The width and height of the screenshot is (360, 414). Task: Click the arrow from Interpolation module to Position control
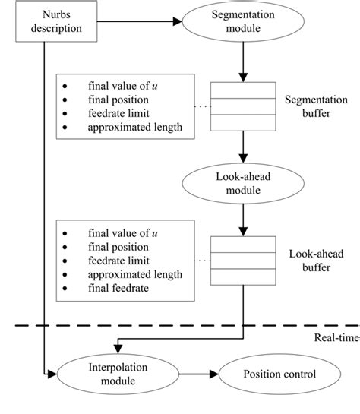pyautogui.click(x=193, y=374)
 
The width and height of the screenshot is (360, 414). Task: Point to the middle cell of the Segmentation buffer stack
pyautogui.click(x=242, y=106)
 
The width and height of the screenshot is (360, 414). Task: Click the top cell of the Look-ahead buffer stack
pyautogui.click(x=242, y=244)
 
